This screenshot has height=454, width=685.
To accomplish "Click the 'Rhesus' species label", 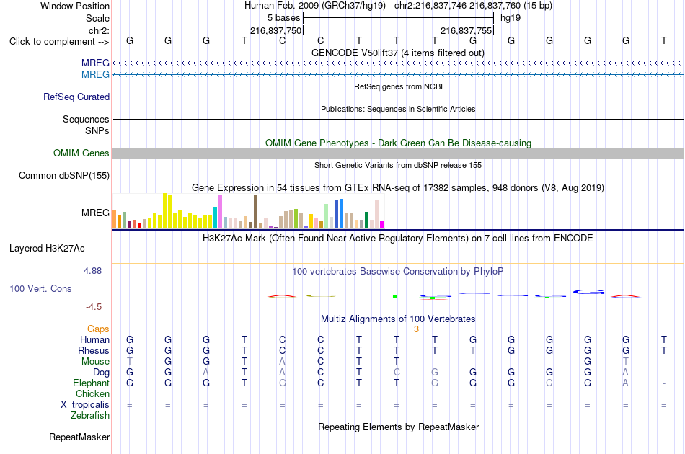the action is click(94, 350).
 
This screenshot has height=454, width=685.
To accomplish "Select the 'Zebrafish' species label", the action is click(90, 416).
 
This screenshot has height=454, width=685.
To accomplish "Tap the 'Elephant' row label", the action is click(91, 383).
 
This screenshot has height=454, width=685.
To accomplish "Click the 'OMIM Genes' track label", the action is click(81, 153).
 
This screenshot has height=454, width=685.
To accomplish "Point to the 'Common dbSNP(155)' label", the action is click(64, 176).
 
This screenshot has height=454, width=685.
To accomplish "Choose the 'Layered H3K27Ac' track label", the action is click(47, 249).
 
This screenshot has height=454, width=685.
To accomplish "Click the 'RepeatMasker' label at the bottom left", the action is click(79, 437).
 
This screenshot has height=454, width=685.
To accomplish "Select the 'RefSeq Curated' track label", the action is click(76, 97).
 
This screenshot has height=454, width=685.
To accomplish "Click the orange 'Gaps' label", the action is click(98, 329).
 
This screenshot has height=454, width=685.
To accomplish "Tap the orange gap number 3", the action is click(416, 329).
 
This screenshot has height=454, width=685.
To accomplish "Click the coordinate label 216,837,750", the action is click(275, 30).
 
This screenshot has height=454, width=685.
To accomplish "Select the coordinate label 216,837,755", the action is click(466, 30).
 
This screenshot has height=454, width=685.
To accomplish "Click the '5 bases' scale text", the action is click(284, 18).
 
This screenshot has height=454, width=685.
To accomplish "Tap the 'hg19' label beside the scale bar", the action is click(511, 18).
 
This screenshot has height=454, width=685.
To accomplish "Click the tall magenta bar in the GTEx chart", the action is click(220, 212).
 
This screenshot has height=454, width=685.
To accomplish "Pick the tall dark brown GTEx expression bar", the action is click(255, 212).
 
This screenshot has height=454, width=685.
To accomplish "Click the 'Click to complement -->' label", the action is click(59, 42).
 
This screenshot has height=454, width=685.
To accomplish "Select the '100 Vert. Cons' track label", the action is click(40, 288).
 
